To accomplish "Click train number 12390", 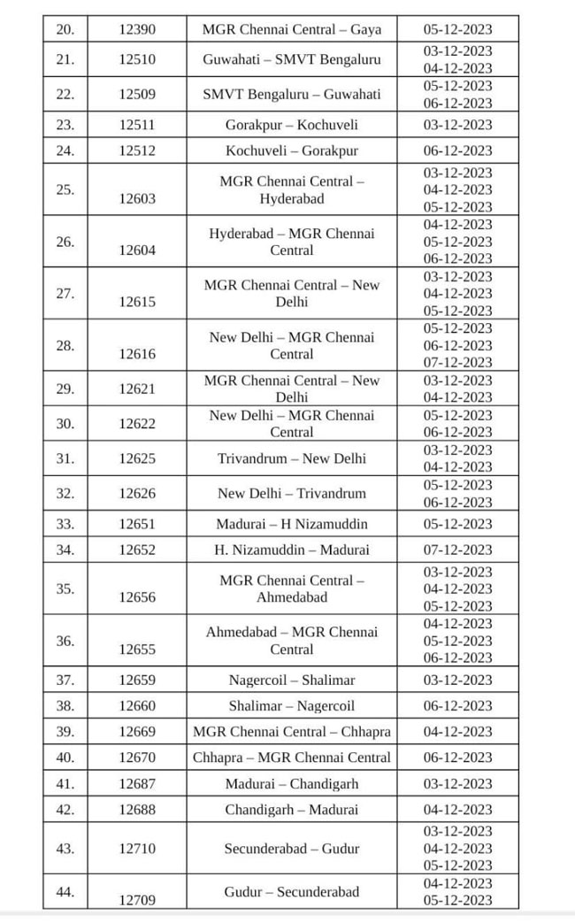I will (137, 29).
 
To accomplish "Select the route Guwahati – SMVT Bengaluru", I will (292, 59).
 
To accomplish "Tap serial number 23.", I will (65, 125).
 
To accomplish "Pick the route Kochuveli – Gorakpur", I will (292, 150).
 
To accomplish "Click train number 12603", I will (137, 198).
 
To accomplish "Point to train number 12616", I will (137, 354).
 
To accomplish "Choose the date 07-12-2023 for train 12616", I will (457, 362).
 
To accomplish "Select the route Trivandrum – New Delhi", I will (292, 458).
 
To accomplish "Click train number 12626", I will (137, 493).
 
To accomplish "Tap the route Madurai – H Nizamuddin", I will (292, 524).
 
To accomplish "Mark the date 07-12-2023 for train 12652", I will (457, 550).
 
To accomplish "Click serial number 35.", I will (65, 588).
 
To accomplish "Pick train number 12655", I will (137, 650).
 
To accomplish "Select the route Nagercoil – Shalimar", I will (292, 680).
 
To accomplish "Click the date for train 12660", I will (457, 705).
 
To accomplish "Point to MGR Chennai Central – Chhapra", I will (292, 732).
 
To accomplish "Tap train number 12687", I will (137, 784).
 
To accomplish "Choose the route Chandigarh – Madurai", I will (292, 810).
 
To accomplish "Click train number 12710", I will (137, 849).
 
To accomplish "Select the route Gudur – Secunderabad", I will (292, 891).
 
